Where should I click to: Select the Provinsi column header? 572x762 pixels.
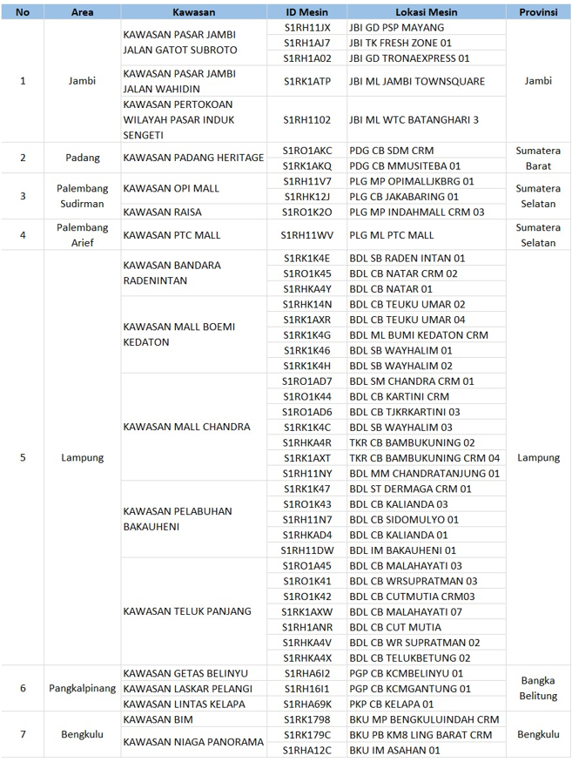(538, 12)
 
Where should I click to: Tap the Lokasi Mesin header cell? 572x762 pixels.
(426, 12)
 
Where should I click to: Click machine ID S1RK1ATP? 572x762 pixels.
(306, 81)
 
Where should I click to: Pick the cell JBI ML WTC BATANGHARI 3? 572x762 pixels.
(414, 119)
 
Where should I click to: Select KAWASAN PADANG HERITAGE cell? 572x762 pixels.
(193, 158)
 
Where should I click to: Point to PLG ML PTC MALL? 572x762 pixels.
(391, 235)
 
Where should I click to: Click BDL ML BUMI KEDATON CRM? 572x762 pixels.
(418, 334)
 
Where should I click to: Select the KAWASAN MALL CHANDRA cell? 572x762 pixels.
(186, 427)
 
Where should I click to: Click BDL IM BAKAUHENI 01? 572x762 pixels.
(402, 550)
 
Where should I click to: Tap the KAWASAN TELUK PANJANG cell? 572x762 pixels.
(187, 611)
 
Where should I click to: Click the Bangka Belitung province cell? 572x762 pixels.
(538, 688)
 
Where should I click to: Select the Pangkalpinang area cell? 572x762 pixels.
(84, 688)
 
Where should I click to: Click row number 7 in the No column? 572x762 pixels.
(23, 734)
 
